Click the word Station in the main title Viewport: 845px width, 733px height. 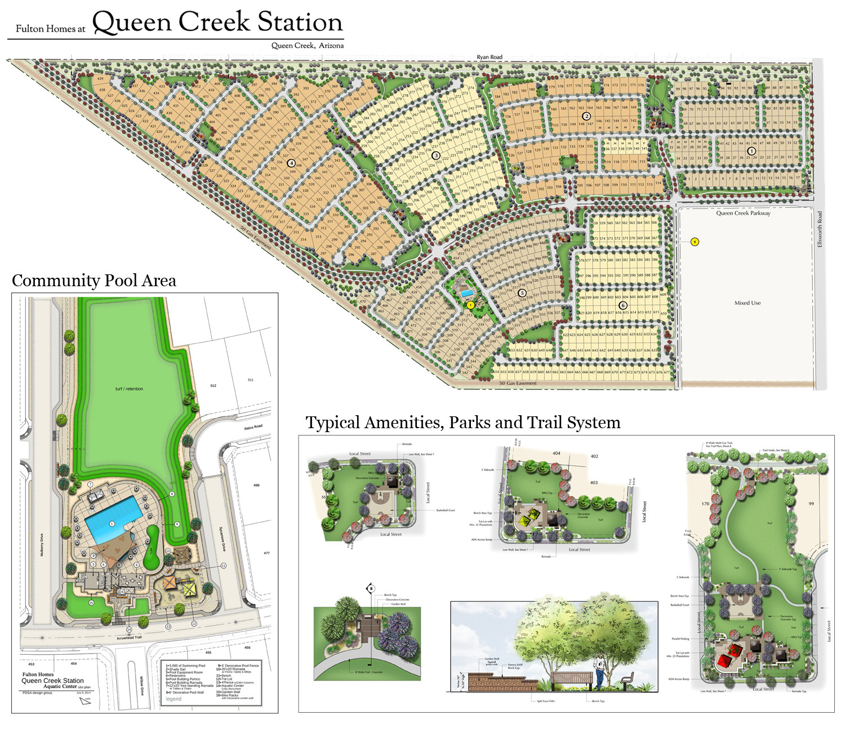tap(300, 23)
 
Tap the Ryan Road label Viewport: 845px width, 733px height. tap(489, 57)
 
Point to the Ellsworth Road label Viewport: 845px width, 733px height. tap(820, 229)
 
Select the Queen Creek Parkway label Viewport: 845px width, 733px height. tap(743, 213)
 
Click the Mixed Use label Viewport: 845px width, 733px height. tap(747, 303)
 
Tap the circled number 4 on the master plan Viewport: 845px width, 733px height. tap(291, 163)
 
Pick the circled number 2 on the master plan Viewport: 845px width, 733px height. tap(586, 116)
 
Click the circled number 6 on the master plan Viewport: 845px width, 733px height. tap(623, 305)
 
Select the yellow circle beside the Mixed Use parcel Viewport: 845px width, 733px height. tap(695, 242)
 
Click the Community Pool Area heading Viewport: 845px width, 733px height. tap(94, 281)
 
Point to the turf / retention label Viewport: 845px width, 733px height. tap(129, 389)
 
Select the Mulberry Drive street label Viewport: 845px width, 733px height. tap(42, 545)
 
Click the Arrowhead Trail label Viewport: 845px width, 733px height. tap(129, 638)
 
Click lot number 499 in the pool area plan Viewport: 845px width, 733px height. tap(256, 485)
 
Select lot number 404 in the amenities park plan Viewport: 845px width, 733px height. tap(557, 453)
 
